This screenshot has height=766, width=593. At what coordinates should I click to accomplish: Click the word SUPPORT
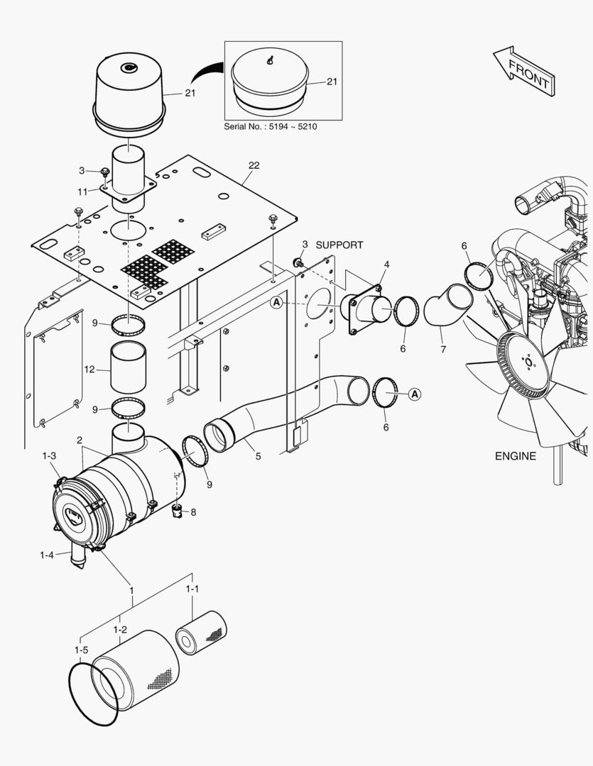(339, 245)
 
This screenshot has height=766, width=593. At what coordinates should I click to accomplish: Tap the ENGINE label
(516, 456)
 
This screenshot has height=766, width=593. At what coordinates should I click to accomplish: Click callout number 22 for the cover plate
(254, 165)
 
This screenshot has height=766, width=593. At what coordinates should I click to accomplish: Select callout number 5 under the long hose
(258, 456)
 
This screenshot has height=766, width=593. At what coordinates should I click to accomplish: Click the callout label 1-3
(49, 455)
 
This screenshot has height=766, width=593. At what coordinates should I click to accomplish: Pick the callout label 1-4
(46, 555)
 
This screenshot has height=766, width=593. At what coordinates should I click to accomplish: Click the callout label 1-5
(81, 650)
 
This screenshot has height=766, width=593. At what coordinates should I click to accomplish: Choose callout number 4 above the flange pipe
(386, 265)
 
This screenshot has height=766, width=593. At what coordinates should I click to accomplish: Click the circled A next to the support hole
(276, 303)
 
